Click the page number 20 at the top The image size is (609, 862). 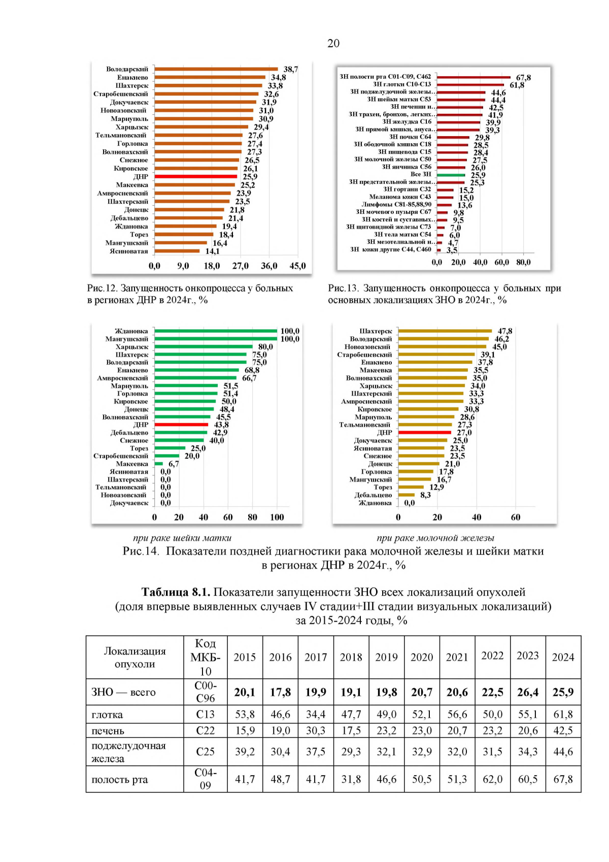tap(333, 43)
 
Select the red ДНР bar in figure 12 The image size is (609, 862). tap(196, 177)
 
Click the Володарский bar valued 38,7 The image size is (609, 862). tap(216, 69)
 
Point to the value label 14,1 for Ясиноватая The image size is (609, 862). tap(212, 251)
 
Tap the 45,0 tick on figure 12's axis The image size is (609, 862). tap(297, 266)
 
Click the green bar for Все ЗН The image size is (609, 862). tap(451, 175)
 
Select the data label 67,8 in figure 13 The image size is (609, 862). tap(523, 78)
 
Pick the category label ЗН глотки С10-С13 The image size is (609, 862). tap(402, 84)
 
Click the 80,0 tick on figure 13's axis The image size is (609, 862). tap(523, 263)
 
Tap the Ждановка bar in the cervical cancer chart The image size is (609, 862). tap(216, 331)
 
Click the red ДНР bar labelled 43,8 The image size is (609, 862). tap(181, 425)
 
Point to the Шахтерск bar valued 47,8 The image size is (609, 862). tap(445, 331)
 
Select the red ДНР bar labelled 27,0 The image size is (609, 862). tap(424, 433)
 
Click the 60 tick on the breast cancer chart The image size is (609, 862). tap(516, 518)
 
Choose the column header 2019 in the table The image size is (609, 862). tap(386, 657)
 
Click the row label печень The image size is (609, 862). tap(108, 731)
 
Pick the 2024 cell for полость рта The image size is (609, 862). tap(563, 779)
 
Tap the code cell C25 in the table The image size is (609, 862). tap(205, 752)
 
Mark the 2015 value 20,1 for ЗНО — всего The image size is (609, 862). tap(245, 692)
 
